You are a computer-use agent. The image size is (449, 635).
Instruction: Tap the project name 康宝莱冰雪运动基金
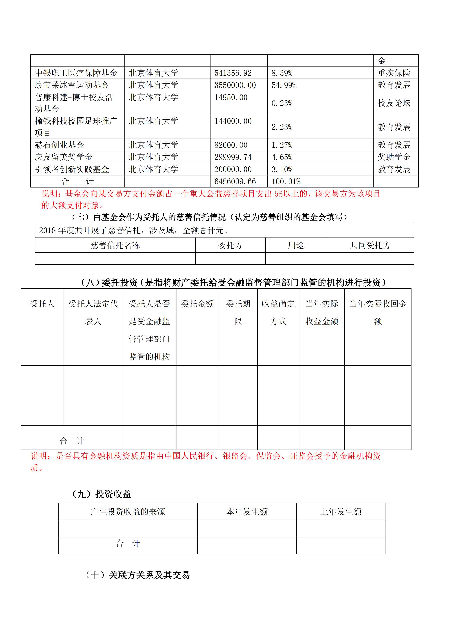[72, 85]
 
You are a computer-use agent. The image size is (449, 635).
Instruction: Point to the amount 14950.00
[231, 97]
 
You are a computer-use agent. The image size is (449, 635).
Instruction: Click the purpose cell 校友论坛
[394, 103]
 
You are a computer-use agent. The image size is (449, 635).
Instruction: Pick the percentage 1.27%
[282, 145]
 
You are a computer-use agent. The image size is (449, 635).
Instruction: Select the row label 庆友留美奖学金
[64, 157]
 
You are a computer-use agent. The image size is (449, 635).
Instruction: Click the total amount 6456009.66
[235, 182]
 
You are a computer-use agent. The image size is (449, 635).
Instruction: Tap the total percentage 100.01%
[286, 182]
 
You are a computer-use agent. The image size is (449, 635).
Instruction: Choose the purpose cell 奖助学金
[394, 157]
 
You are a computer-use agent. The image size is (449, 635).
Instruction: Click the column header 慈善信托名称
[115, 245]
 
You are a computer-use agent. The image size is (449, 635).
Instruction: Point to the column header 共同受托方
[370, 245]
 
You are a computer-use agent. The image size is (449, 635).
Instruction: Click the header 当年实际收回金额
[378, 312]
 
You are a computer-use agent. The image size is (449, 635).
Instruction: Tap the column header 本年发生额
[247, 512]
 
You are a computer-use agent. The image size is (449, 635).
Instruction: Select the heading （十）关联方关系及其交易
[137, 575]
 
